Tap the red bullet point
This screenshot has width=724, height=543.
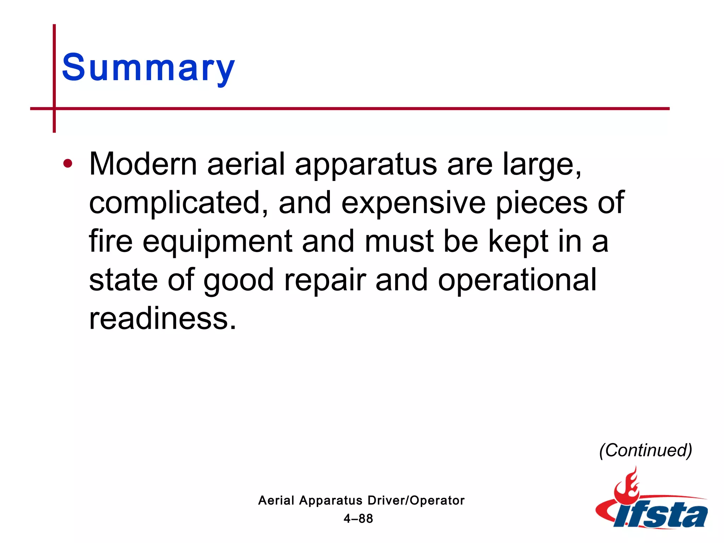click(x=68, y=164)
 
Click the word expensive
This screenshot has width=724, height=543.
click(x=413, y=203)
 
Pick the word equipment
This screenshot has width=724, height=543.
click(x=217, y=242)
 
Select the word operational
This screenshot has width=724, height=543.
click(x=517, y=280)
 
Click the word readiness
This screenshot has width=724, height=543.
click(x=162, y=319)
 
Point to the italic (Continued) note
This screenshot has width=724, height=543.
click(x=646, y=450)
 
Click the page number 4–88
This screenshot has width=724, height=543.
click(x=358, y=519)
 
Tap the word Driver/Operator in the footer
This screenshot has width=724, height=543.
click(x=416, y=501)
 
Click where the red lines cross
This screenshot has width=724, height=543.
click(x=54, y=109)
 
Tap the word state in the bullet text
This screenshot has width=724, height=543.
click(x=123, y=280)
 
